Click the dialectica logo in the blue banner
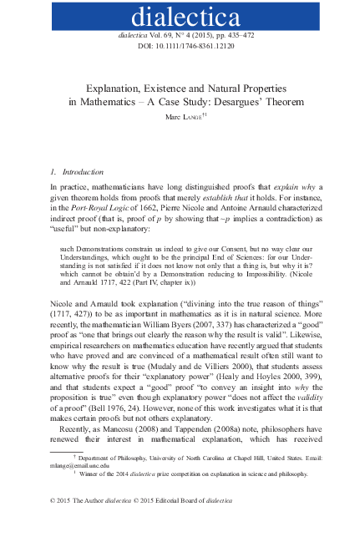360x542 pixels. point(180,16)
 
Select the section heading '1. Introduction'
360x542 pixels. point(76,170)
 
